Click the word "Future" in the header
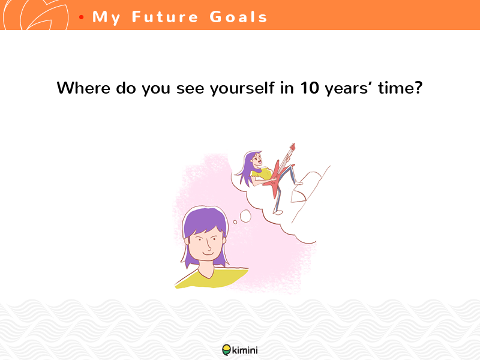click(x=165, y=17)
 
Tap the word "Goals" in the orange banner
click(x=238, y=17)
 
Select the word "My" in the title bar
click(x=106, y=17)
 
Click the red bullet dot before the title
click(x=81, y=17)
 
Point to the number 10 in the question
click(x=310, y=88)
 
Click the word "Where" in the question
click(x=83, y=88)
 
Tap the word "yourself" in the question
click(x=242, y=88)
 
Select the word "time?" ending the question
click(x=400, y=88)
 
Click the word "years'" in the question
click(x=349, y=88)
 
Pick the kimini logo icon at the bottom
click(x=227, y=350)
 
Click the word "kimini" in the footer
click(x=245, y=350)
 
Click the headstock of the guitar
click(x=292, y=147)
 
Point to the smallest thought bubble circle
click(x=235, y=222)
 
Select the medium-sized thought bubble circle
click(x=245, y=216)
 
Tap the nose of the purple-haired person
click(x=208, y=245)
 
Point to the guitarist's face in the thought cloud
click(x=257, y=160)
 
